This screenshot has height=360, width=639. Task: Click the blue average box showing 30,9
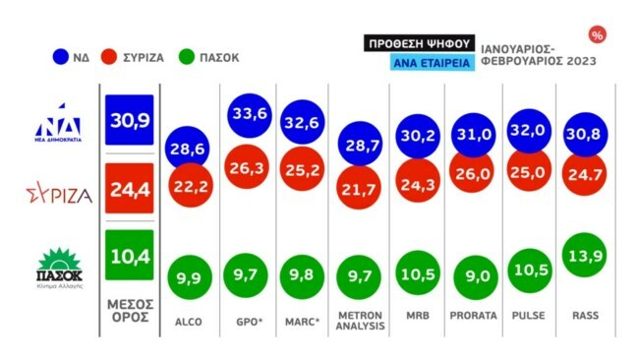tap(128, 120)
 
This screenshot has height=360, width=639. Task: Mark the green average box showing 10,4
tap(128, 255)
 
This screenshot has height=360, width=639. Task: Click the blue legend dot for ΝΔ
tap(61, 56)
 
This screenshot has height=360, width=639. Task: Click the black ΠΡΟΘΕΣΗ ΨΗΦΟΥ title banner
tap(418, 43)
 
